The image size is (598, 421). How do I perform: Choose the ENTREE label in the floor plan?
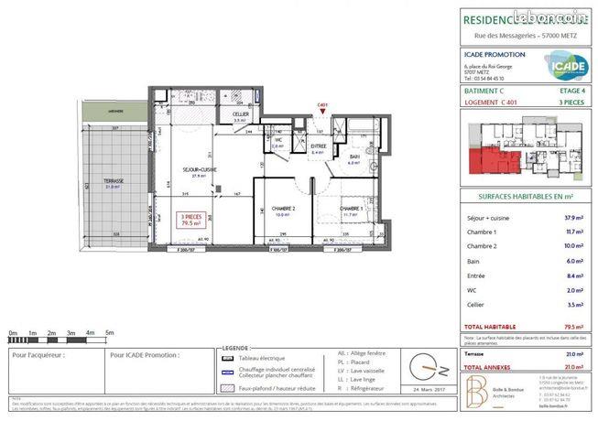[x=318, y=146]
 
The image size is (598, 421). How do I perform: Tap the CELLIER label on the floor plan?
[x=240, y=115]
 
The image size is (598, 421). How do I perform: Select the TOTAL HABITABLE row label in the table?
[x=491, y=326]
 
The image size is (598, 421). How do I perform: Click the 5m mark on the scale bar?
[x=109, y=333]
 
